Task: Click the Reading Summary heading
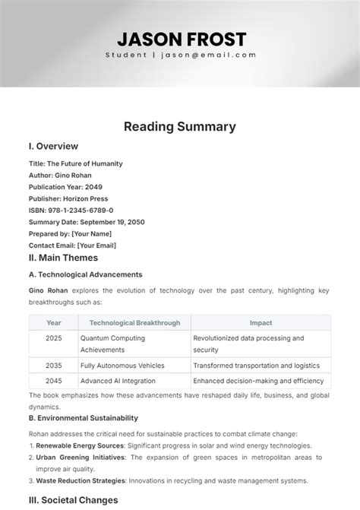[180, 127]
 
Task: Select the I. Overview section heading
[54, 147]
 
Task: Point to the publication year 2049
[95, 187]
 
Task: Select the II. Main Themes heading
[63, 258]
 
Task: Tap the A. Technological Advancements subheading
[85, 274]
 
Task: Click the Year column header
[54, 323]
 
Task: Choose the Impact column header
[261, 323]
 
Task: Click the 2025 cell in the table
[54, 337]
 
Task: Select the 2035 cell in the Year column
[54, 365]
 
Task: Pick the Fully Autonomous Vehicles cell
[122, 365]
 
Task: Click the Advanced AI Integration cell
[118, 381]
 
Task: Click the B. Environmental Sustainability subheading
[84, 418]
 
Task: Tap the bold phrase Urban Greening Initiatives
[81, 458]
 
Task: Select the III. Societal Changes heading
[74, 500]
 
